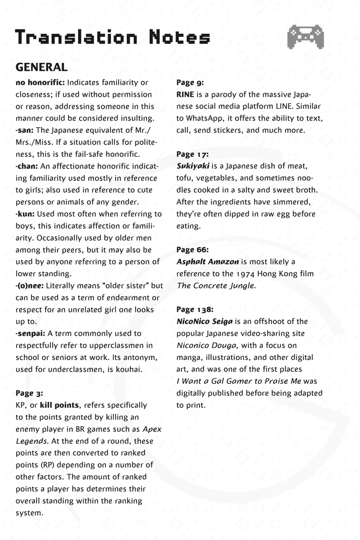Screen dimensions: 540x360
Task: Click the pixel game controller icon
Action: tap(305, 37)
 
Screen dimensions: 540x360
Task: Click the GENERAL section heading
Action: tap(41, 67)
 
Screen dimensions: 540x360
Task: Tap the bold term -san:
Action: tap(25, 130)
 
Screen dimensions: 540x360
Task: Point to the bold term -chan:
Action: tap(27, 166)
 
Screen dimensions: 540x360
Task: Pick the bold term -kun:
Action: tap(25, 214)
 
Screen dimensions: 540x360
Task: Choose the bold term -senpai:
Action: tap(30, 333)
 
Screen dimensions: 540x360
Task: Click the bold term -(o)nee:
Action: tap(30, 286)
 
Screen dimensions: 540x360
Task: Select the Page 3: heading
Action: tap(29, 393)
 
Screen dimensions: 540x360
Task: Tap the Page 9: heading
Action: tap(190, 83)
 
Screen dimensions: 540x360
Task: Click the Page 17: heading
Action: tap(192, 154)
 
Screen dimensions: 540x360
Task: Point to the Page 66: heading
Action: tap(192, 250)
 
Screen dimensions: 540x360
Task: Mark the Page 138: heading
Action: tap(195, 310)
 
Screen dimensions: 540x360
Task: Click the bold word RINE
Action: tap(185, 95)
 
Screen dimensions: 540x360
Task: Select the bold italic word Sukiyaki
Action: tap(193, 166)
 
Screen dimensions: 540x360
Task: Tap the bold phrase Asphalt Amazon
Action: tap(208, 262)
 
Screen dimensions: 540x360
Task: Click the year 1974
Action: tap(245, 274)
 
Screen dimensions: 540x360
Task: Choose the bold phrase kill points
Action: tap(59, 405)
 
